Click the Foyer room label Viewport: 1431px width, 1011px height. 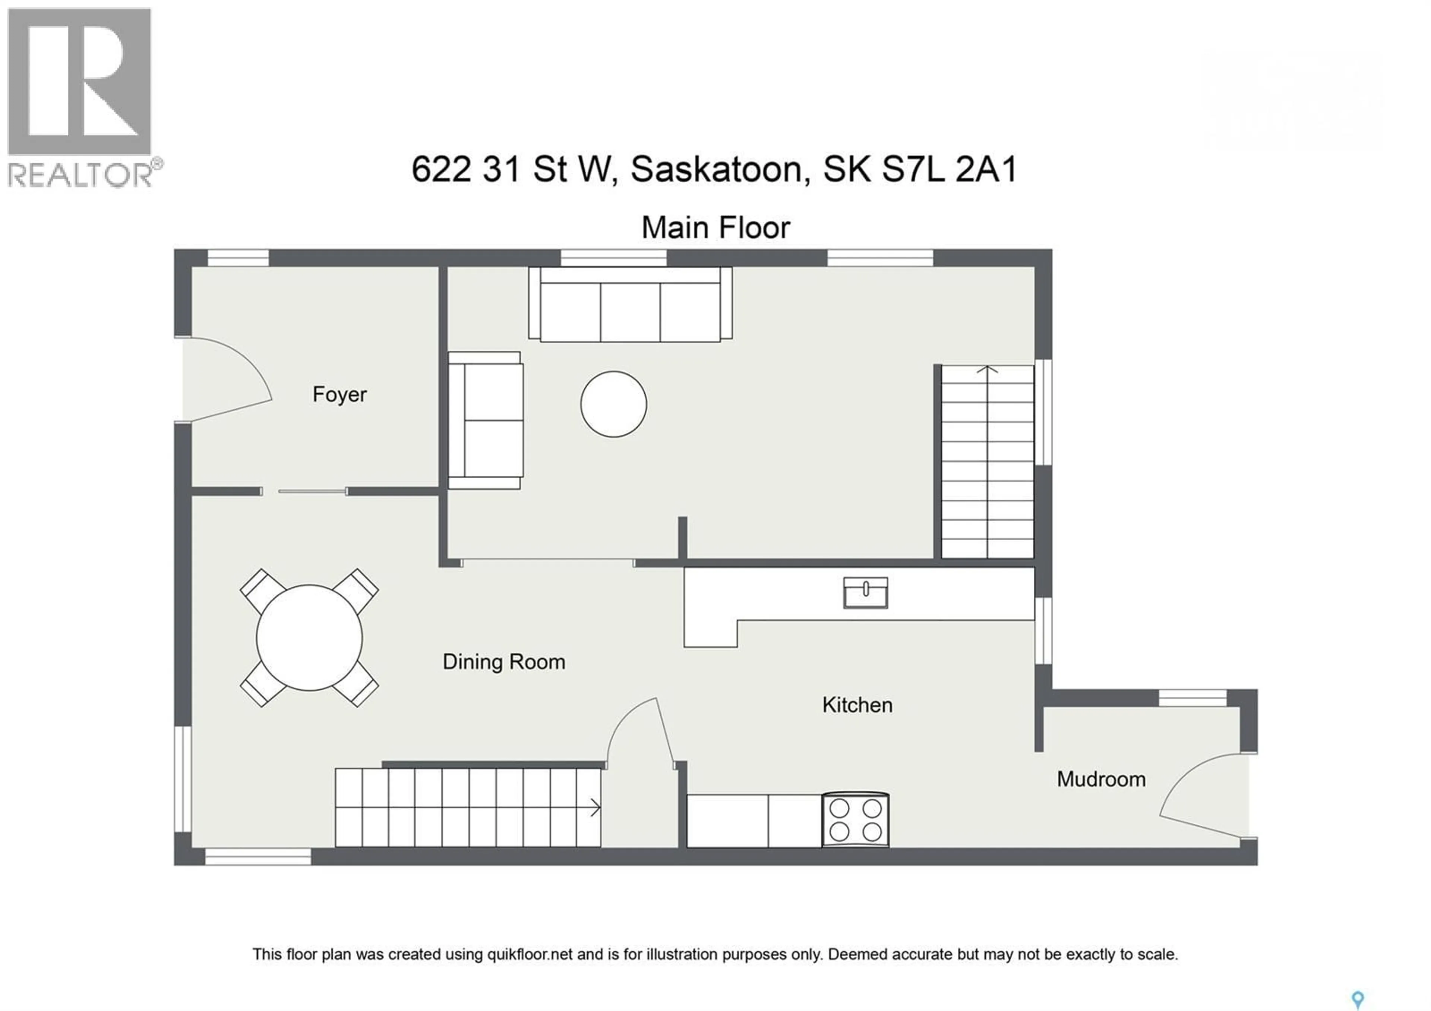[339, 394]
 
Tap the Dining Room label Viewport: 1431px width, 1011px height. [503, 662]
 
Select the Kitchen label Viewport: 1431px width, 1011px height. [857, 705]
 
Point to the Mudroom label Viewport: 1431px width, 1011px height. [1101, 779]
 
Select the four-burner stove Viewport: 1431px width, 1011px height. [855, 820]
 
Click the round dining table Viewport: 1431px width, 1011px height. [309, 637]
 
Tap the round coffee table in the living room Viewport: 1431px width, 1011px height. [613, 404]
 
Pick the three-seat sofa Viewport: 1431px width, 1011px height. [630, 305]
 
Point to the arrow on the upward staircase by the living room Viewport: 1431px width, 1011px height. [987, 370]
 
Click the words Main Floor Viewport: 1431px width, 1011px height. [715, 228]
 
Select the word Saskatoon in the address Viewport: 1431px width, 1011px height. [716, 170]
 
